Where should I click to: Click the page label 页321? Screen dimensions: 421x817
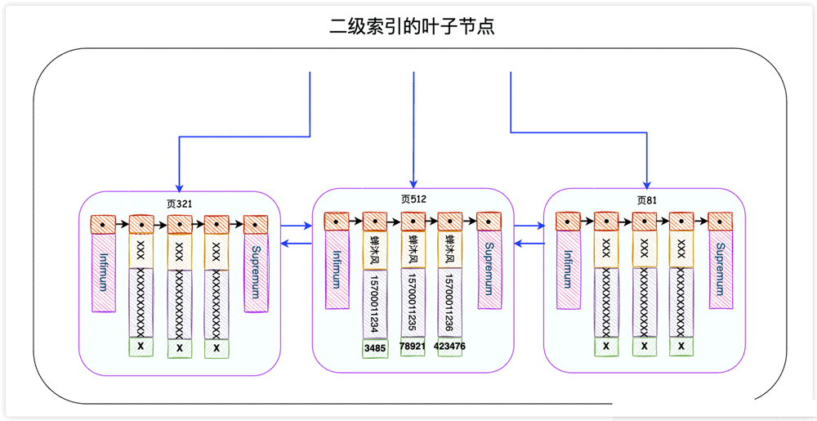click(179, 203)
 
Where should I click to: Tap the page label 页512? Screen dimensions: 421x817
click(413, 199)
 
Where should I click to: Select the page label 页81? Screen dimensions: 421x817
click(647, 199)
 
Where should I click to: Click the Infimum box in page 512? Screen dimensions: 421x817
click(337, 271)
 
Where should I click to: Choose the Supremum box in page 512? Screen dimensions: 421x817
click(489, 271)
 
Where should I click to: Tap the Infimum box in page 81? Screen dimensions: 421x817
click(568, 271)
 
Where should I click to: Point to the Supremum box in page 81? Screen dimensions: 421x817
click(721, 271)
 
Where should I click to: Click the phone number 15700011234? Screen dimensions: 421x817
click(375, 302)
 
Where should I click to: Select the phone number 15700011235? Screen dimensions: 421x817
click(413, 302)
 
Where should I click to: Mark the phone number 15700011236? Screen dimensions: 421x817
click(450, 302)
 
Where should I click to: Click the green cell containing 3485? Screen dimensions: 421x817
click(375, 347)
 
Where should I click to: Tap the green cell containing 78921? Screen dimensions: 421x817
click(413, 347)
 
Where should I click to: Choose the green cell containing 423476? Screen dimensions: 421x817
click(450, 347)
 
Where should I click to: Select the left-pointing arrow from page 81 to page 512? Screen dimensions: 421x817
click(529, 244)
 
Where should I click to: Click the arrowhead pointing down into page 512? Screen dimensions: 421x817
click(413, 183)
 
